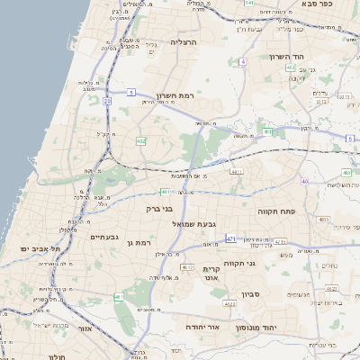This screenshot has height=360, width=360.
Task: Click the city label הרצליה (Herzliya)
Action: click(184, 41)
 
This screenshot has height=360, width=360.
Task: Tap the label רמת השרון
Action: click(175, 96)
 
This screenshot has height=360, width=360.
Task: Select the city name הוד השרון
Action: click(287, 57)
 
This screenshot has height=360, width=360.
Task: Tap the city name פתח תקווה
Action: click(313, 210)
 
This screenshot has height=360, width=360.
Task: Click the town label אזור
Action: click(86, 329)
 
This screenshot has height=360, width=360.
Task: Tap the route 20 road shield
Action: click(107, 102)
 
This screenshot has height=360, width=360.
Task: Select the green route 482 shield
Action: click(141, 141)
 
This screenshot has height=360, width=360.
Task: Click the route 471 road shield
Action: click(231, 238)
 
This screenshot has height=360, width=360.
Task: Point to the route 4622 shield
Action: click(230, 304)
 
